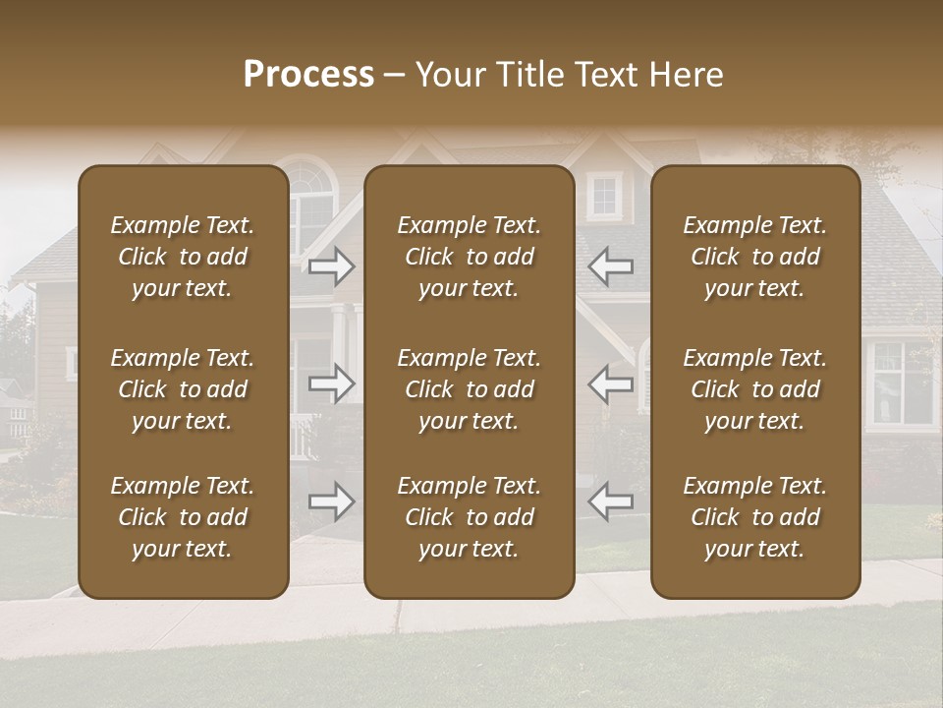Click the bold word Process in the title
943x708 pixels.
308,75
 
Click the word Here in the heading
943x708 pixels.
687,75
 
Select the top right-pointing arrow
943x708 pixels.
332,265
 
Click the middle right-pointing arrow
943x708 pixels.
332,383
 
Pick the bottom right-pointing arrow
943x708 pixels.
332,501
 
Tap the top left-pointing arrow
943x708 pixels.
611,265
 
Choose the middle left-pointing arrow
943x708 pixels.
611,383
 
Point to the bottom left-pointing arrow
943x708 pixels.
611,501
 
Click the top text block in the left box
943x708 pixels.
183,257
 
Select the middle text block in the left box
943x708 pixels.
183,389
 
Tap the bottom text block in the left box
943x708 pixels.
183,517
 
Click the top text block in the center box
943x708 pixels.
470,257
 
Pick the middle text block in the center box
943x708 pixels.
470,389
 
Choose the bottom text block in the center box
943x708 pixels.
470,517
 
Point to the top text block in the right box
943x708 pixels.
755,257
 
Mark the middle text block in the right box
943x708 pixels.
755,389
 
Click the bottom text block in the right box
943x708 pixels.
755,517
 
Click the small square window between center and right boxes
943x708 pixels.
604,196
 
